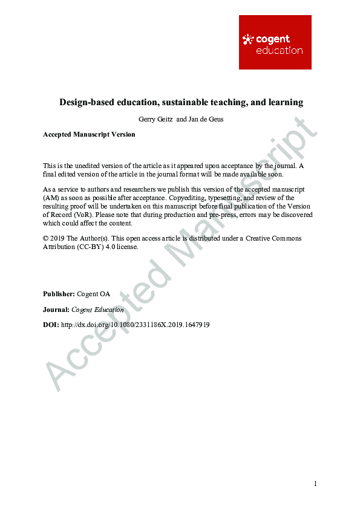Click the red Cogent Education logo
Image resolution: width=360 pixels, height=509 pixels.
(275, 42)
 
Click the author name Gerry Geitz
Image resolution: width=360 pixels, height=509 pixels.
(155, 119)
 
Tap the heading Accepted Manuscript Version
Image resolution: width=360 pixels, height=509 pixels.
(89, 134)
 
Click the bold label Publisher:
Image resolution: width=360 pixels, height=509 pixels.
(59, 294)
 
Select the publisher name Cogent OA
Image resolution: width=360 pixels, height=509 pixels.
(94, 294)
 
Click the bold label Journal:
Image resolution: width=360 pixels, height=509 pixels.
(56, 310)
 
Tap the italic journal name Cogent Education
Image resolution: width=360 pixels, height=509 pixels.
(97, 310)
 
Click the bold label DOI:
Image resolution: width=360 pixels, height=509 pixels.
(51, 325)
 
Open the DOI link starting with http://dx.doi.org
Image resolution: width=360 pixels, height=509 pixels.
(136, 325)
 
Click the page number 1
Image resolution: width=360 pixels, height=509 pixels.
(315, 484)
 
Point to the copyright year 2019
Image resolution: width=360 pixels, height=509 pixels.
(57, 238)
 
